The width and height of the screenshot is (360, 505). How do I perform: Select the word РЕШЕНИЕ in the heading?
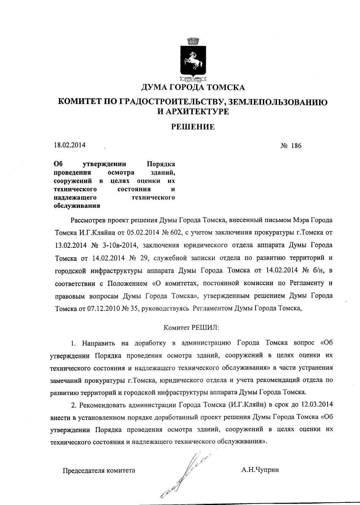(192, 127)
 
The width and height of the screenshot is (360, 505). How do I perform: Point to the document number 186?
(297, 146)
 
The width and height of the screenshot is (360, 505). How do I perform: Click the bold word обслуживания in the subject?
(77, 206)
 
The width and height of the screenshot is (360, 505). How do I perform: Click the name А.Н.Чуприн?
(260, 470)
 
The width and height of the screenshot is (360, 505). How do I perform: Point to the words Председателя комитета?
(99, 470)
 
